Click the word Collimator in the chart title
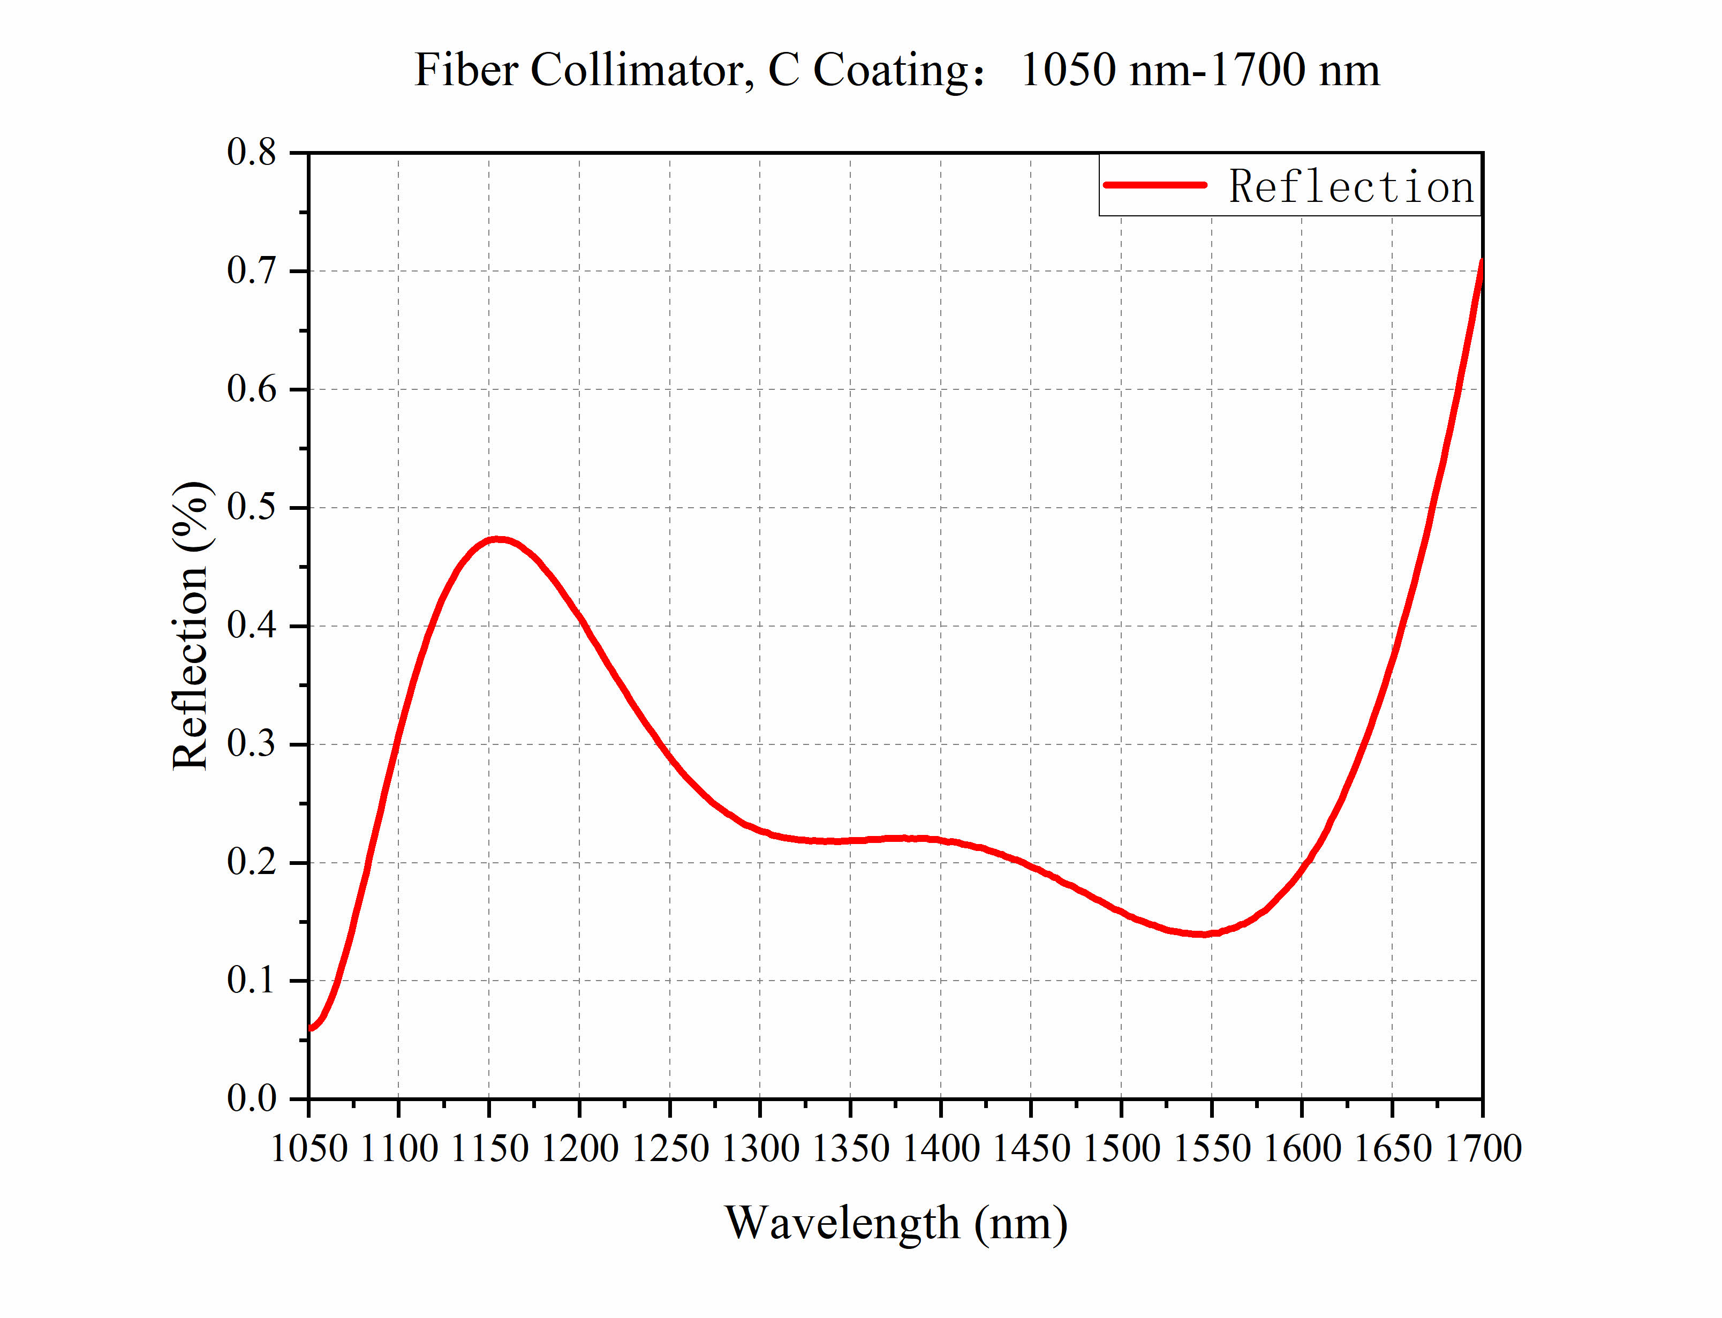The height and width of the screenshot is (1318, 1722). coord(637,71)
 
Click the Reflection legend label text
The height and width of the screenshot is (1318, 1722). coord(1350,187)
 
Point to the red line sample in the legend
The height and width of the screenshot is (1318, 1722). coord(1154,185)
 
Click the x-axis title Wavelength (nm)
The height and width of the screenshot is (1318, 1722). coord(895,1222)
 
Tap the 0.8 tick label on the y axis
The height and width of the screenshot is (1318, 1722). coord(252,152)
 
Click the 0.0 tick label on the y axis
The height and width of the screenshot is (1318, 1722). coord(252,1098)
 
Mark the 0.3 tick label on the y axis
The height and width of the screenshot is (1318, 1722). coord(252,744)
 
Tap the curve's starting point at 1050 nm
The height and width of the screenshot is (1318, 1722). coord(311,1028)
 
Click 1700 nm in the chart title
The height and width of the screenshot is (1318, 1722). coord(1294,71)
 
